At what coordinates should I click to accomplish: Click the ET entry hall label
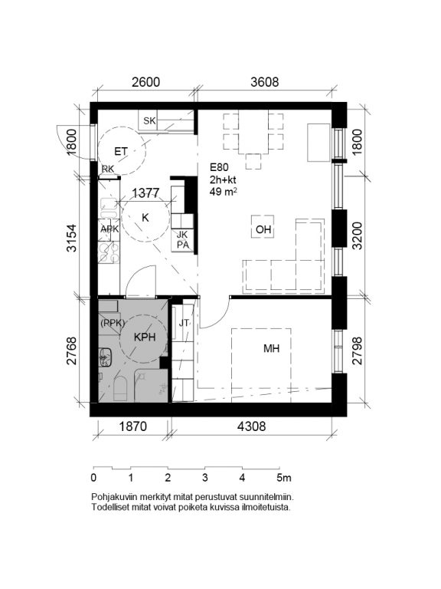[x=121, y=151]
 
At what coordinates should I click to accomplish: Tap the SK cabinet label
[x=149, y=120]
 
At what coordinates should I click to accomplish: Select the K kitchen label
[x=145, y=218]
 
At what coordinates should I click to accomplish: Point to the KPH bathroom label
[x=145, y=337]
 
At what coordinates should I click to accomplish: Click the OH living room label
[x=263, y=229]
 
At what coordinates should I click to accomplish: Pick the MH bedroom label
[x=272, y=349]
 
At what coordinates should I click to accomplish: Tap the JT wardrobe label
[x=184, y=323]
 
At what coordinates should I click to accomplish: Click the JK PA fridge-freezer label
[x=183, y=240]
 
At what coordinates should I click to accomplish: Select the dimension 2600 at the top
[x=146, y=82]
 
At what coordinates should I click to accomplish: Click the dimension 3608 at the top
[x=265, y=82]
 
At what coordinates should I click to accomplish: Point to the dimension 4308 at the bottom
[x=252, y=426]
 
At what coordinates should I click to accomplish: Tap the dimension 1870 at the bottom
[x=133, y=426]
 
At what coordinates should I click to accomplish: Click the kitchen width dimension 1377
[x=146, y=193]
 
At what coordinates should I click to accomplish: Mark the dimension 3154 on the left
[x=71, y=238]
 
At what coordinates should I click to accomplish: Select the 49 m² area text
[x=224, y=192]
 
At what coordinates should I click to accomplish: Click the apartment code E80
[x=219, y=167]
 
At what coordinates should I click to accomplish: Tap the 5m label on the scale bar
[x=284, y=478]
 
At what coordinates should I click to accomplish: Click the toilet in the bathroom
[x=121, y=387]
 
